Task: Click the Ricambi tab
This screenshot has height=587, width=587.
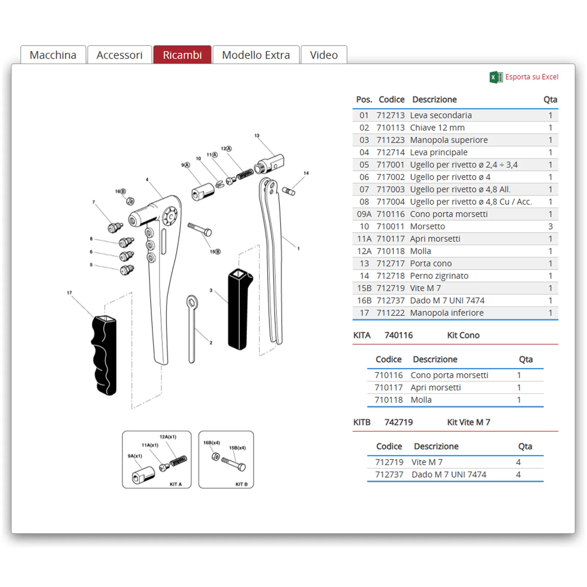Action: (x=182, y=55)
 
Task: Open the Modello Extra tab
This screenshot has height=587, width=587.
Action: (x=256, y=55)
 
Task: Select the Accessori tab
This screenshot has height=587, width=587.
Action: (x=119, y=55)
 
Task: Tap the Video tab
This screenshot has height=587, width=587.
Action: (x=324, y=55)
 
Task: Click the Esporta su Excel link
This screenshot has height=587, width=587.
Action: (x=531, y=77)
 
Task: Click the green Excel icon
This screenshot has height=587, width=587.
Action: (x=496, y=77)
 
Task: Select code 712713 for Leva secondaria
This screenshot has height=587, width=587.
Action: (x=390, y=115)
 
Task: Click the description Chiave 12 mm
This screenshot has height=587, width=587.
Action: (x=437, y=128)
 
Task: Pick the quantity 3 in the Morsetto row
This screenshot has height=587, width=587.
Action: (x=550, y=226)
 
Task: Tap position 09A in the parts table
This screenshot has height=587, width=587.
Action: (x=364, y=214)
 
